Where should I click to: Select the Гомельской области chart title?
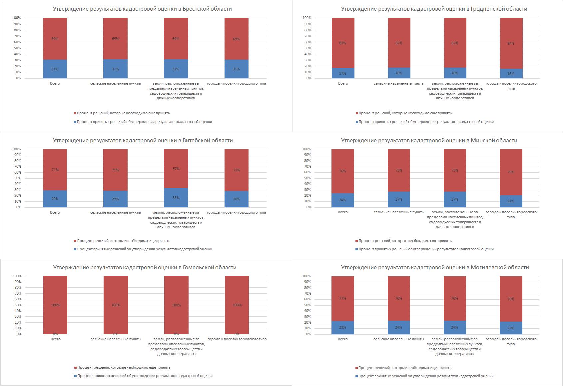[145, 268]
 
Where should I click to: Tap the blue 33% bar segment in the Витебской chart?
[176, 198]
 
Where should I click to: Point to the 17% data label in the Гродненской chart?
[343, 74]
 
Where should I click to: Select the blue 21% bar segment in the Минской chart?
[511, 201]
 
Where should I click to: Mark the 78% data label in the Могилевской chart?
[511, 299]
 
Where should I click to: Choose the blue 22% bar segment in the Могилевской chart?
[511, 328]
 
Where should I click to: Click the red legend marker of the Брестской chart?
[75, 113]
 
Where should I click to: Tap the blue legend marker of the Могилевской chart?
[357, 376]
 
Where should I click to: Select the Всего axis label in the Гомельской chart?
[55, 339]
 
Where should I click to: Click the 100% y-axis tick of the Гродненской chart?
[307, 18]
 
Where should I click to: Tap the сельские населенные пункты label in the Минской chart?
[399, 212]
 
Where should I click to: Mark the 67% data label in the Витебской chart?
[176, 169]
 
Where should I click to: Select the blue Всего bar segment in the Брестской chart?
[55, 69]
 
